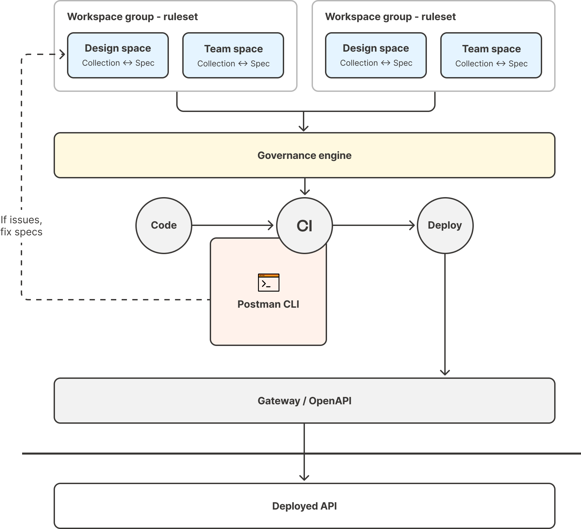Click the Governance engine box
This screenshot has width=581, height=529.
304,155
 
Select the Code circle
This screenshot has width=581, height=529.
164,225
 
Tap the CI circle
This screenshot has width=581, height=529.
304,225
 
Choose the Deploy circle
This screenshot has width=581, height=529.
445,225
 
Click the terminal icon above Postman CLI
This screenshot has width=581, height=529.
268,283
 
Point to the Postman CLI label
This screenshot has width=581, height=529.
268,304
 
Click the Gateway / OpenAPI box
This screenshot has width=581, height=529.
304,401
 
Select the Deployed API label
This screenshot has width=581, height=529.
304,506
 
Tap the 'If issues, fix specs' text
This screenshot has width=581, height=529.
21,226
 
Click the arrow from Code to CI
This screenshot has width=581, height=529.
233,225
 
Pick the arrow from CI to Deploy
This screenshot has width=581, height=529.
374,225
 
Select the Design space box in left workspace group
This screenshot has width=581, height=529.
118,55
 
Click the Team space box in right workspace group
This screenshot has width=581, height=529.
491,55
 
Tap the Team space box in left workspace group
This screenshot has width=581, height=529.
233,55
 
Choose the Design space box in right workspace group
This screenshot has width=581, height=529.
376,55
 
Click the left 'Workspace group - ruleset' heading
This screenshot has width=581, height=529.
132,17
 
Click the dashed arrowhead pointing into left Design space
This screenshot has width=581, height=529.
62,54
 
